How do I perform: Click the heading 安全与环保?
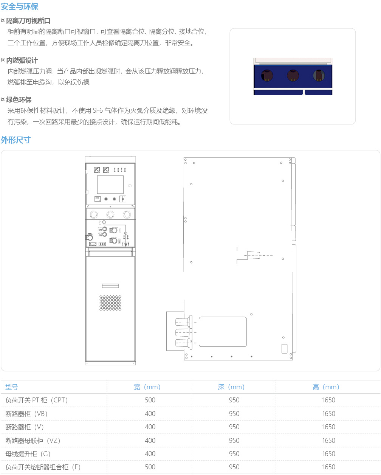tap(20, 6)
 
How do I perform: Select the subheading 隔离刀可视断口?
tap(28, 21)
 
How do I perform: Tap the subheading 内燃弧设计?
tap(22, 60)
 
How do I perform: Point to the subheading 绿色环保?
tap(19, 100)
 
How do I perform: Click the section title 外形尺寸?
tap(15, 140)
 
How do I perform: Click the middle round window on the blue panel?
tap(293, 75)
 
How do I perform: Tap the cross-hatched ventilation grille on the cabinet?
tap(110, 303)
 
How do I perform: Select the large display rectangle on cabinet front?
tap(110, 185)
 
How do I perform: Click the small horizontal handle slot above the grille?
tap(110, 286)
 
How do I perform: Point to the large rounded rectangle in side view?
tap(223, 332)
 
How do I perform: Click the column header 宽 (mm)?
tap(147, 387)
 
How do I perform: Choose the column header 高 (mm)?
tap(325, 387)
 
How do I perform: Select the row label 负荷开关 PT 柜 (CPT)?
tap(36, 400)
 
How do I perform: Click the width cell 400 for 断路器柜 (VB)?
tap(150, 414)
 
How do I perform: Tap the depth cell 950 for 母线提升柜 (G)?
tap(234, 453)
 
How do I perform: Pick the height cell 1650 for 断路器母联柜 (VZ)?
tap(328, 440)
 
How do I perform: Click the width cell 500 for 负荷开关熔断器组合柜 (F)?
tap(150, 467)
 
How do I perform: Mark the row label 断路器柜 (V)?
tap(25, 427)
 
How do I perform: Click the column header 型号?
tap(11, 387)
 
